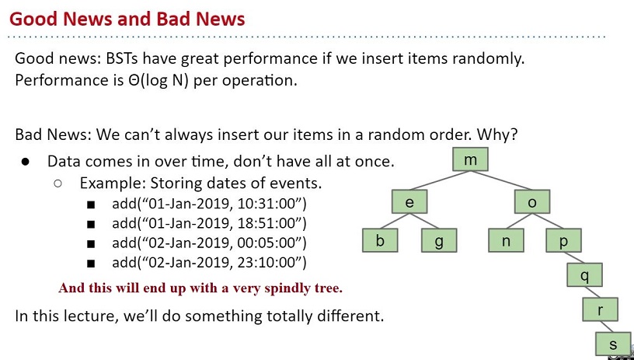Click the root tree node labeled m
[x=470, y=159]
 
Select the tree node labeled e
[x=409, y=201]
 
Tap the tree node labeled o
[x=531, y=201]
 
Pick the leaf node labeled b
[x=380, y=240]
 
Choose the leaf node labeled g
[x=439, y=240]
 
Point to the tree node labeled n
[x=506, y=240]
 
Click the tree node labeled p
[x=563, y=240]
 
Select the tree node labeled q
[x=585, y=274]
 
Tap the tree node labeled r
[x=600, y=309]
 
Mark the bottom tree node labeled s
[x=613, y=344]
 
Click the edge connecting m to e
[x=440, y=180]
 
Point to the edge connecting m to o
[x=501, y=180]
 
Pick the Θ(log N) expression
[x=157, y=80]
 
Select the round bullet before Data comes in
[x=26, y=162]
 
